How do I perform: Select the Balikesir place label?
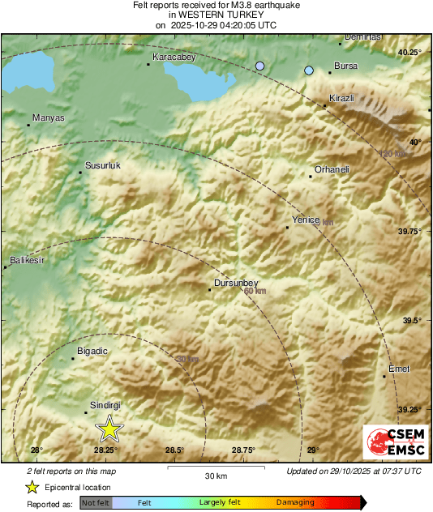(x=25, y=261)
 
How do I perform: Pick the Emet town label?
(x=399, y=369)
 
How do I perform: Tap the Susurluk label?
(x=102, y=166)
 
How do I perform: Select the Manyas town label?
(x=47, y=118)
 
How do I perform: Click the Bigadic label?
(x=92, y=352)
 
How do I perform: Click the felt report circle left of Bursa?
(x=309, y=70)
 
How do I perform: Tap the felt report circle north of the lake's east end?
(x=260, y=65)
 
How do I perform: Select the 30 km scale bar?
(x=215, y=468)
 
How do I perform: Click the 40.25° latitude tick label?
(x=409, y=53)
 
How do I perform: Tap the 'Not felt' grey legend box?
(x=95, y=503)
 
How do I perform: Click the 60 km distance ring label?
(x=255, y=291)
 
